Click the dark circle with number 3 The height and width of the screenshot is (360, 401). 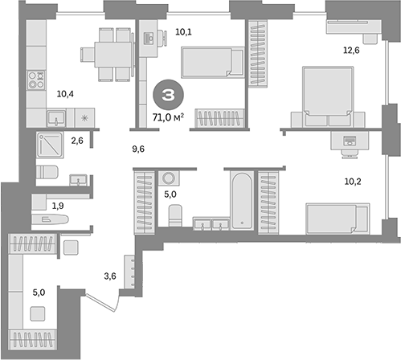click(167, 95)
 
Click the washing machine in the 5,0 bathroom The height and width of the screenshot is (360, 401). click(170, 178)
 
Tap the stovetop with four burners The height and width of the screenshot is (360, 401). click(37, 80)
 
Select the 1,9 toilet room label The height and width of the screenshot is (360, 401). click(59, 207)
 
